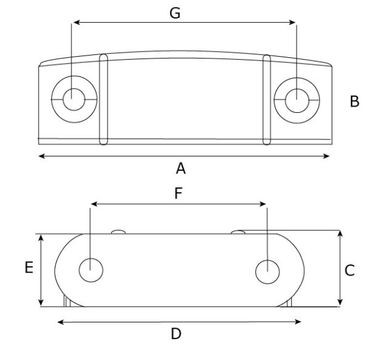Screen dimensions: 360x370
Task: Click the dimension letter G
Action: (175, 12)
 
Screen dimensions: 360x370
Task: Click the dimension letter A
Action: (181, 168)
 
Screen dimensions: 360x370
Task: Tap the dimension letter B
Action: (354, 102)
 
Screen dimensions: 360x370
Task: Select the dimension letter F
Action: (178, 194)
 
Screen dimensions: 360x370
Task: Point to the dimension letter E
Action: (28, 268)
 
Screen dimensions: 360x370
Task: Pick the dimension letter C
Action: (349, 270)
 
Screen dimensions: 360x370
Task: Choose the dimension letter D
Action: (176, 334)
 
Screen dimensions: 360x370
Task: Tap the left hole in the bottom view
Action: (91, 270)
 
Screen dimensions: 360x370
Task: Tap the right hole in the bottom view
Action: (266, 271)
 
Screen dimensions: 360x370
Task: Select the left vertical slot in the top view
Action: (104, 100)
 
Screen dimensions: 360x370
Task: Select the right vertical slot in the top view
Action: (266, 100)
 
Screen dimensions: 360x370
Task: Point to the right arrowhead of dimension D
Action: (298, 321)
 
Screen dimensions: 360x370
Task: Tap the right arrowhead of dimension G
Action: (295, 23)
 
